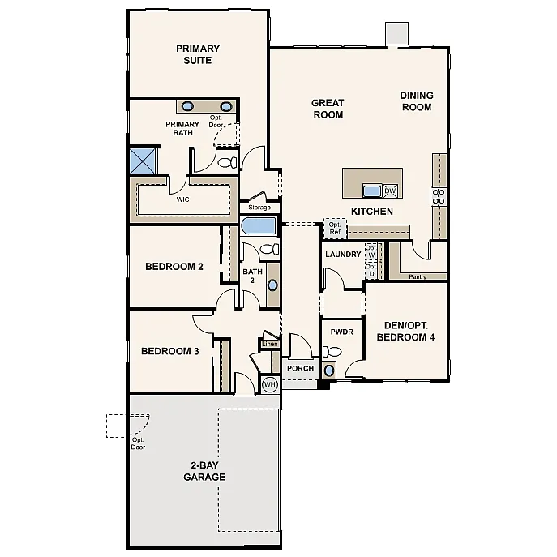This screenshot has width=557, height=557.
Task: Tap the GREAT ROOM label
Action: (x=328, y=109)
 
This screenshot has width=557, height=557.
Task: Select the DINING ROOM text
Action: (x=416, y=101)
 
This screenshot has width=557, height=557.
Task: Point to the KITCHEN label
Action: (x=371, y=212)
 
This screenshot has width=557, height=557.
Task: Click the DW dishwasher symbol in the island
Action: (x=390, y=191)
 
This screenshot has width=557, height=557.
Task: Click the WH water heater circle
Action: (x=269, y=384)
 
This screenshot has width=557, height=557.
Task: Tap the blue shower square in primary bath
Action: (x=143, y=160)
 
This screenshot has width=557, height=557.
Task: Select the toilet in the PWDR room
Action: (x=332, y=352)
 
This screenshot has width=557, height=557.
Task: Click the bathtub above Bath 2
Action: (x=259, y=225)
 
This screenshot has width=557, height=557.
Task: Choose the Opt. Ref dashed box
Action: (x=335, y=228)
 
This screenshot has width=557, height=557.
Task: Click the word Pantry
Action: (x=418, y=276)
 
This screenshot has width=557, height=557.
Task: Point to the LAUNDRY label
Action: (x=342, y=255)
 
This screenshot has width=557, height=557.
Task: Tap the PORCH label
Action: (x=300, y=369)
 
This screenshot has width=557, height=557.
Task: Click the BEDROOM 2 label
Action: (x=174, y=267)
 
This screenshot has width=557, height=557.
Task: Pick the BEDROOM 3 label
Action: (x=169, y=351)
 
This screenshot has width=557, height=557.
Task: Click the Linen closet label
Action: (x=269, y=345)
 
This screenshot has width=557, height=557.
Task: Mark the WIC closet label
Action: (x=183, y=199)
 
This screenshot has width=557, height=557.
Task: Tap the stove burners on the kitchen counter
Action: (x=439, y=195)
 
